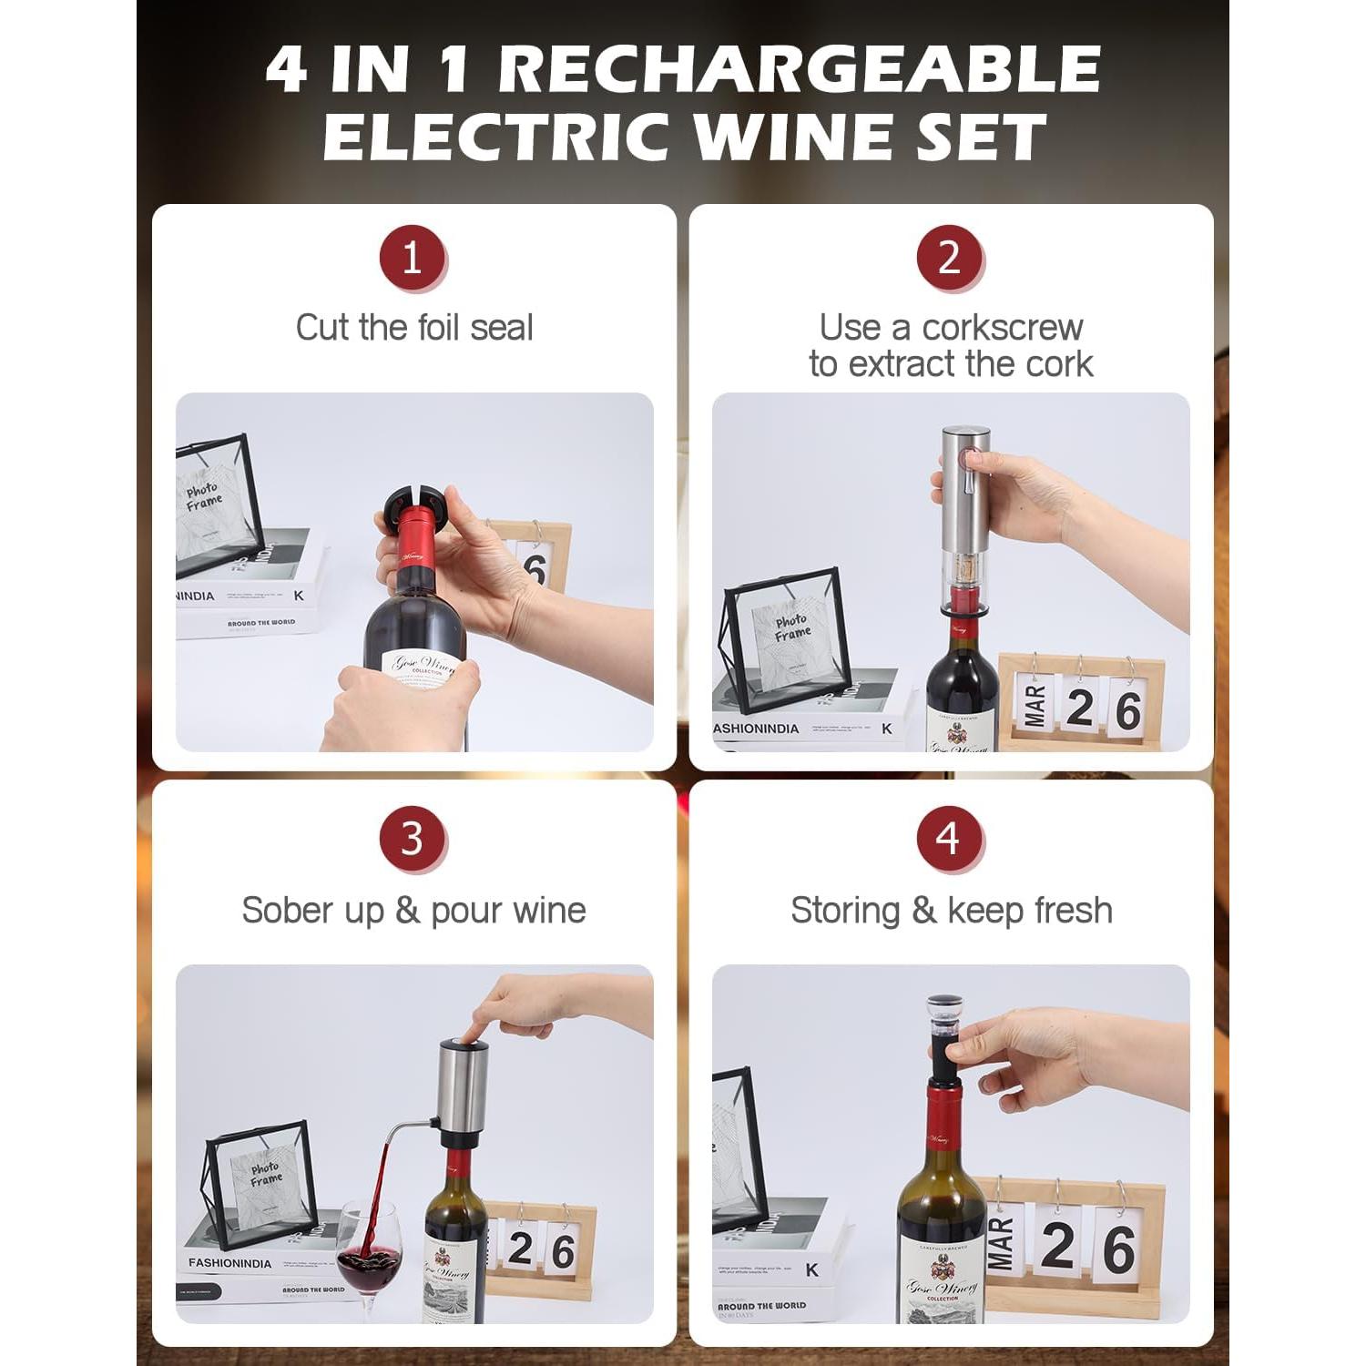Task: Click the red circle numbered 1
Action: [412, 258]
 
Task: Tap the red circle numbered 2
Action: [949, 258]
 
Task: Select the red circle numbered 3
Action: [412, 839]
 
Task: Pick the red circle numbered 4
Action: [949, 839]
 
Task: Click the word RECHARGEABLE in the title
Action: [799, 69]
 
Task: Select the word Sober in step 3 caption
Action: [280, 911]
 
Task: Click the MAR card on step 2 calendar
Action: [1033, 707]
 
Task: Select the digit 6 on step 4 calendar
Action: [1118, 1249]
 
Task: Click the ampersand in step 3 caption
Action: [407, 911]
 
